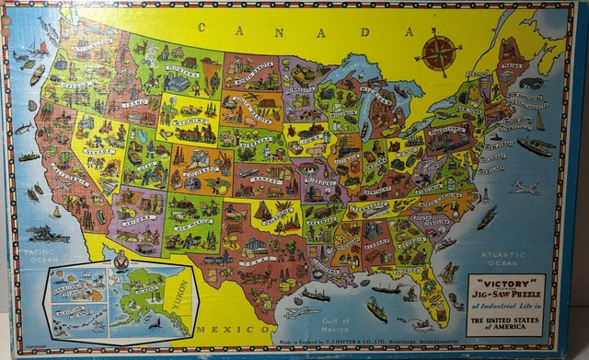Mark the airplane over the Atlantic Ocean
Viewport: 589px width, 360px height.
coord(525,188)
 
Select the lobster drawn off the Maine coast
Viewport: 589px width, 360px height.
coord(532,83)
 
